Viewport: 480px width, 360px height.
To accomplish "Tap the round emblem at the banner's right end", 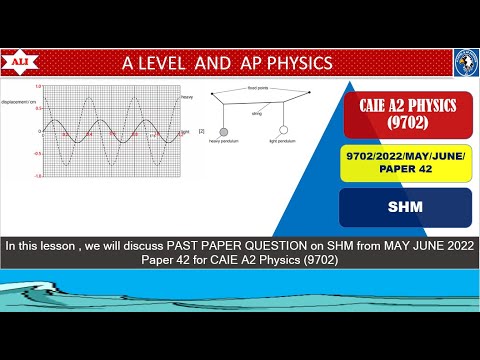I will [466, 61].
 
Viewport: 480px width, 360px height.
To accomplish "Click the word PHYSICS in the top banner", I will [295, 63].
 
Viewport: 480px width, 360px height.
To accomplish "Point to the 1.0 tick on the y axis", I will [37, 88].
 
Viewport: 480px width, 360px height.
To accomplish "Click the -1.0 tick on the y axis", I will [37, 176].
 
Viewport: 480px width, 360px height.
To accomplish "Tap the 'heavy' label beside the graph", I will [187, 96].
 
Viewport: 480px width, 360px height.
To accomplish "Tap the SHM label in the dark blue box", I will [406, 208].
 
